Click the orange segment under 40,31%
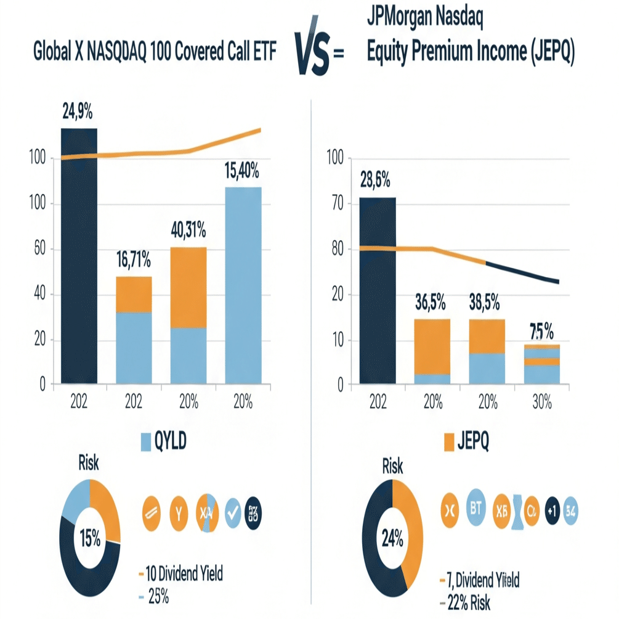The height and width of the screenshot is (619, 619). point(188,286)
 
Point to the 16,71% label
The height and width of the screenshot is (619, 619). point(133,261)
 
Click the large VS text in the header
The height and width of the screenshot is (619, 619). point(312,54)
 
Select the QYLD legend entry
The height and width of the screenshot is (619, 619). point(164,441)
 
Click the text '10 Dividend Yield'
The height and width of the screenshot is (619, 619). point(184,575)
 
